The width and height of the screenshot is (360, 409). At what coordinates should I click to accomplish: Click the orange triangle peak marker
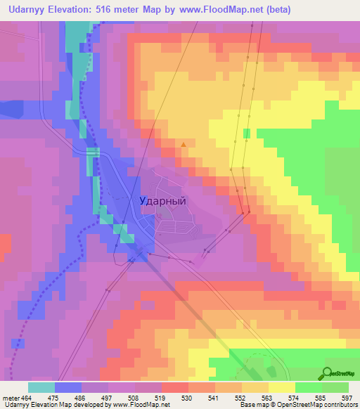pyautogui.click(x=184, y=145)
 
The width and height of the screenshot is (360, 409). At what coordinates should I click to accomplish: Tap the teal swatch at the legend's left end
pyautogui.click(x=41, y=387)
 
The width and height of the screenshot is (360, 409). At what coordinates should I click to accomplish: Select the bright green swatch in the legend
pyautogui.click(x=308, y=387)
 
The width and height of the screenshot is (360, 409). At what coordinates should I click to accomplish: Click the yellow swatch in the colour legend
pyautogui.click(x=281, y=387)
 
